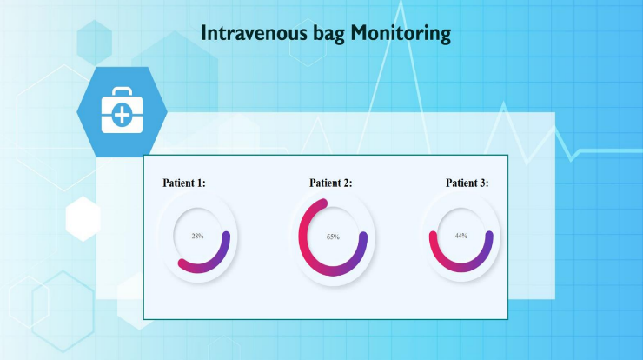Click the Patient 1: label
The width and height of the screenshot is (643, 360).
coord(184,183)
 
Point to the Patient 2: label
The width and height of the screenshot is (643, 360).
coord(331,183)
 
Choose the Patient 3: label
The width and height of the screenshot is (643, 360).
coord(467,183)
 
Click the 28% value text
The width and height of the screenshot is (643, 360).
coord(198,236)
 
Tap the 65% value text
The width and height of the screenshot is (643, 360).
coord(333,237)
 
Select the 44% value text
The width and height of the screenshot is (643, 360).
coord(461,236)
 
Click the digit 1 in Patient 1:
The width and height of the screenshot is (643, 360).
coord(199,183)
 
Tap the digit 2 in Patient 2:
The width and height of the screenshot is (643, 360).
coord(345,183)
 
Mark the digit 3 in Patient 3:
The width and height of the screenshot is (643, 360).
coord(481,183)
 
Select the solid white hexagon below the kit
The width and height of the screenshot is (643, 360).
coord(83,218)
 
